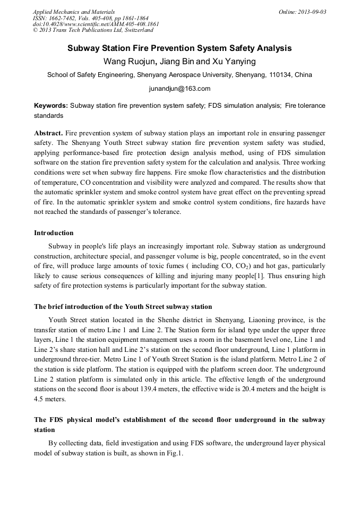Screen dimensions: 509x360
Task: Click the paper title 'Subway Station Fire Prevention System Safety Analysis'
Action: click(179, 48)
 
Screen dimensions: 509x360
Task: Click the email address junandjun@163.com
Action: click(179, 89)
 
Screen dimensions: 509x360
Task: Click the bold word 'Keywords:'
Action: click(51, 106)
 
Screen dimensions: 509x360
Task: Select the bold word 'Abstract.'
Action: click(49, 132)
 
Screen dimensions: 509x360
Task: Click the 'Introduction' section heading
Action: click(54, 232)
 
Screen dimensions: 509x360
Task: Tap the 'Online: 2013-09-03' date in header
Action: click(302, 12)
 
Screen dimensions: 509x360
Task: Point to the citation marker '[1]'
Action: click(258, 275)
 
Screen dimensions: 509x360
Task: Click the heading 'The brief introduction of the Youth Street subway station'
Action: click(123, 307)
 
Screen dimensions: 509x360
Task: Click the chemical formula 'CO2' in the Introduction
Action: click(244, 266)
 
